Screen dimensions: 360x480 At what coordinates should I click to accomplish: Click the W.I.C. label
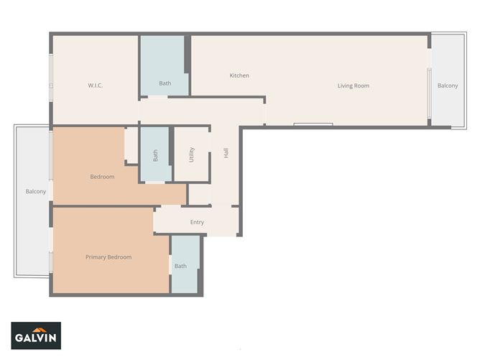pos(96,86)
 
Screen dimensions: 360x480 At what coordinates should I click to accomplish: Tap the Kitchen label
pos(239,75)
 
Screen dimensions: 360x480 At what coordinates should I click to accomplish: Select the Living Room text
pos(353,86)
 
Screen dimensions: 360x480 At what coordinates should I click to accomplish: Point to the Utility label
pos(192,154)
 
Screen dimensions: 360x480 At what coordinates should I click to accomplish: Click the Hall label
pos(226,153)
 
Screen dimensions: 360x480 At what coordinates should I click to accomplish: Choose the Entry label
pos(197,222)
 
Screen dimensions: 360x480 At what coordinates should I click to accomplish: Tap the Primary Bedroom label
pos(109,257)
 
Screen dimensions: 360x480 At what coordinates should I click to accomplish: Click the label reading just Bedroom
pos(102,177)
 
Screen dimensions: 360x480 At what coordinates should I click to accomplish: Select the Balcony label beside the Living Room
pos(447,86)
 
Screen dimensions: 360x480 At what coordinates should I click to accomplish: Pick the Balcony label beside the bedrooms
pos(36,191)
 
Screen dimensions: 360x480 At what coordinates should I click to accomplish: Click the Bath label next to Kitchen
pos(165,83)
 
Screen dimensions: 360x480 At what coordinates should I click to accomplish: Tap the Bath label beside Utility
pos(154,155)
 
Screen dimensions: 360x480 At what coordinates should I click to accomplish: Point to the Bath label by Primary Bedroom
pos(180,266)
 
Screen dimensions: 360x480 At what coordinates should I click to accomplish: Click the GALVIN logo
pos(36,336)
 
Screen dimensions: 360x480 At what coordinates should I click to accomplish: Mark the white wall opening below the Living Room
pos(313,124)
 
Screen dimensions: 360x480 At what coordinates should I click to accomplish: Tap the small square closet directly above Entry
pos(199,194)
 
